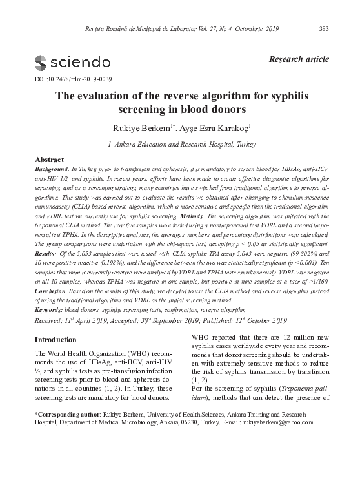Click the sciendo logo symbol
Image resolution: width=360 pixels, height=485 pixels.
point(40,63)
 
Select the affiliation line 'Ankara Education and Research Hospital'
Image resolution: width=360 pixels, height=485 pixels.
point(180,143)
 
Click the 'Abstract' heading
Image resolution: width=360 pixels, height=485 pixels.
point(49,159)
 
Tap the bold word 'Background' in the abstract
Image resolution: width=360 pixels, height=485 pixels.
point(52,168)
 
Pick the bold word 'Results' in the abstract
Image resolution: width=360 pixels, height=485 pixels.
point(48,255)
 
